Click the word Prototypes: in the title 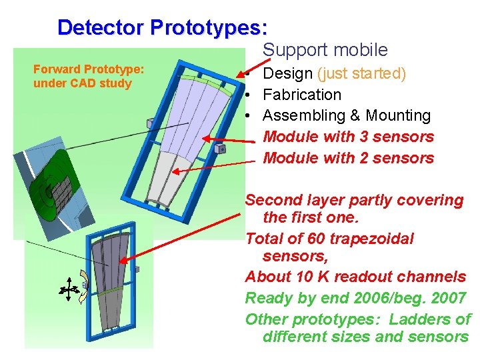pos(209,27)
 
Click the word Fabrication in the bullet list pos(302,95)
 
